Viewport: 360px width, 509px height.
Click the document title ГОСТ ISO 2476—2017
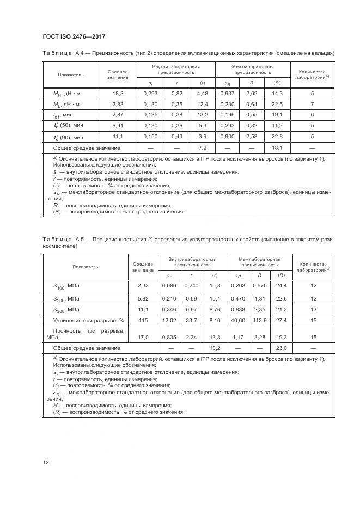(x=73, y=36)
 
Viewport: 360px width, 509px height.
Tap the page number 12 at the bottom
(x=46, y=462)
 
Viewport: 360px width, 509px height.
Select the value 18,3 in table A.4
(x=118, y=94)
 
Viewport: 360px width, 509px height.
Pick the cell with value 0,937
(x=228, y=94)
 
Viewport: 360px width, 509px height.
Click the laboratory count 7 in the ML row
(x=312, y=104)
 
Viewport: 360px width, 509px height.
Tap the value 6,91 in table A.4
(x=118, y=126)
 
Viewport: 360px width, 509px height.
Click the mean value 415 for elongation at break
(x=143, y=320)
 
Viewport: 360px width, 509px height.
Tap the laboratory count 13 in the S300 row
(x=313, y=309)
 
